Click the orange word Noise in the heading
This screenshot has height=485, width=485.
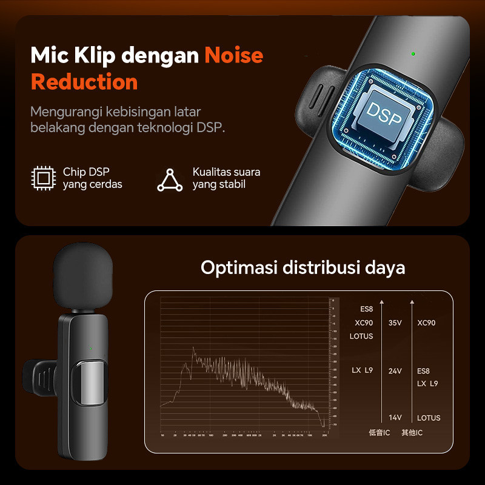coord(233,55)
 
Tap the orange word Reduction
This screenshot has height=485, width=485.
coord(84,82)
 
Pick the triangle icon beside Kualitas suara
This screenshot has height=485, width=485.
coord(170,179)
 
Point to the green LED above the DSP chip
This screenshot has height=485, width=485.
coord(412,54)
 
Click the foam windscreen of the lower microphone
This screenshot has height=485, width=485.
coord(83,278)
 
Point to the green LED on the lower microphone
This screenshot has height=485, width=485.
coord(90,348)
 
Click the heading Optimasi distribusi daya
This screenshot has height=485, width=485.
coord(303,267)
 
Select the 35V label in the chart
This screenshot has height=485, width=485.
coord(395,323)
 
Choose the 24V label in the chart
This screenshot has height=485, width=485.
coord(395,370)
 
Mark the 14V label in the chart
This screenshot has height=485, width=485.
coord(395,418)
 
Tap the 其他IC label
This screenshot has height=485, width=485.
coord(412,432)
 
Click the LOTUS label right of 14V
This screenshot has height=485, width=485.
coord(429,418)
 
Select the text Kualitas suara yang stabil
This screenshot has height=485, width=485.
coord(226,178)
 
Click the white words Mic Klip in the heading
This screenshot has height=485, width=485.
coord(73,55)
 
